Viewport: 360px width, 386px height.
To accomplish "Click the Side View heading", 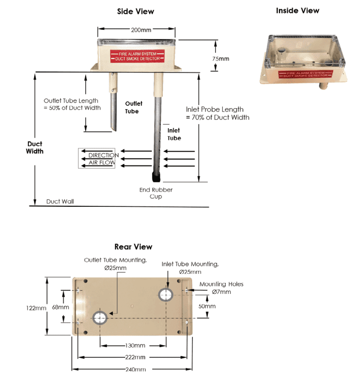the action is click(135, 11).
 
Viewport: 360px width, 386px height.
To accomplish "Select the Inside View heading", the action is click(298, 11).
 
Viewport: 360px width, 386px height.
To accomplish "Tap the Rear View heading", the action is click(133, 247).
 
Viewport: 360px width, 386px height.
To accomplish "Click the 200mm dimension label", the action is click(141, 30).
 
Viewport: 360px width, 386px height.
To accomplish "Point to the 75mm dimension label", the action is click(221, 59).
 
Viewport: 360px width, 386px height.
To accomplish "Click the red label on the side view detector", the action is click(137, 56).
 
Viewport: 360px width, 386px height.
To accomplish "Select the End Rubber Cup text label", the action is click(156, 193).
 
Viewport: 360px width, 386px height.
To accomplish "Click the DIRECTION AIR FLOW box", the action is click(96, 158).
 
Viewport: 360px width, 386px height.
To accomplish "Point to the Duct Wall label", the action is click(60, 201).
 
